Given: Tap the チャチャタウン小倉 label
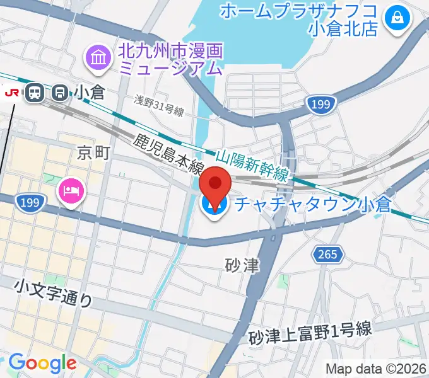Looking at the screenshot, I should tap(312, 205).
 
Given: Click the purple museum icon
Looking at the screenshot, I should tap(99, 57).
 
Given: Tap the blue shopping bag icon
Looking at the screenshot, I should tap(399, 18).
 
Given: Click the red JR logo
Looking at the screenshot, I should tap(11, 93).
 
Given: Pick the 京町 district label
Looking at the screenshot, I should tap(90, 152).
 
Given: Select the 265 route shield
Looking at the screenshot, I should tap(328, 255).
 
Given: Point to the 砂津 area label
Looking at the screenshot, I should tap(242, 265).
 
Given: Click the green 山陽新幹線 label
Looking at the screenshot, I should tap(252, 165).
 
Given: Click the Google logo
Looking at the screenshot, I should tap(42, 364).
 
